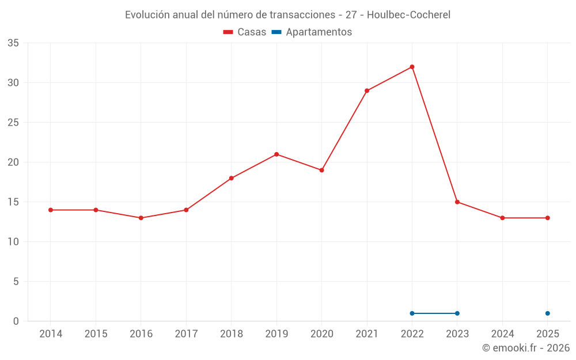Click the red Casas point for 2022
(x=412, y=67)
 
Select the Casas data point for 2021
(x=366, y=91)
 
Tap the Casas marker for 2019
(x=276, y=154)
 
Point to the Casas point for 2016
(x=141, y=218)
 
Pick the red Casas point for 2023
(x=457, y=202)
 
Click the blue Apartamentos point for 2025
(x=547, y=313)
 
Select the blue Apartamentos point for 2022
(x=412, y=313)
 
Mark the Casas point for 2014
(x=50, y=210)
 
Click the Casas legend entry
(x=245, y=32)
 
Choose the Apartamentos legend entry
(x=312, y=32)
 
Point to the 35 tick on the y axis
(x=13, y=43)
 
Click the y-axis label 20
(x=13, y=162)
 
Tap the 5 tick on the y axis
(x=16, y=282)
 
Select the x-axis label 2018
(x=231, y=334)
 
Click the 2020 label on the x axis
(x=321, y=334)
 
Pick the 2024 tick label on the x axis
(x=502, y=334)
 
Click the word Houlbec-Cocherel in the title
(x=408, y=15)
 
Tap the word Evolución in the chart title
(x=147, y=15)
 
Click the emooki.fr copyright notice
(x=526, y=347)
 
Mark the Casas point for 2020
(x=321, y=170)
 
